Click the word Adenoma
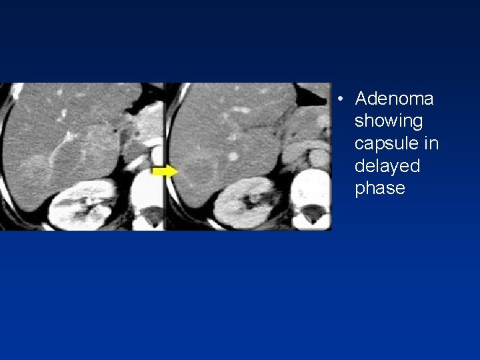(x=395, y=99)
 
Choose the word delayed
(x=388, y=166)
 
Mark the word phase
(x=380, y=189)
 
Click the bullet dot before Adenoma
(x=340, y=101)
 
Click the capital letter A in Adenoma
(x=362, y=99)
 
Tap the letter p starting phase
(x=361, y=189)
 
